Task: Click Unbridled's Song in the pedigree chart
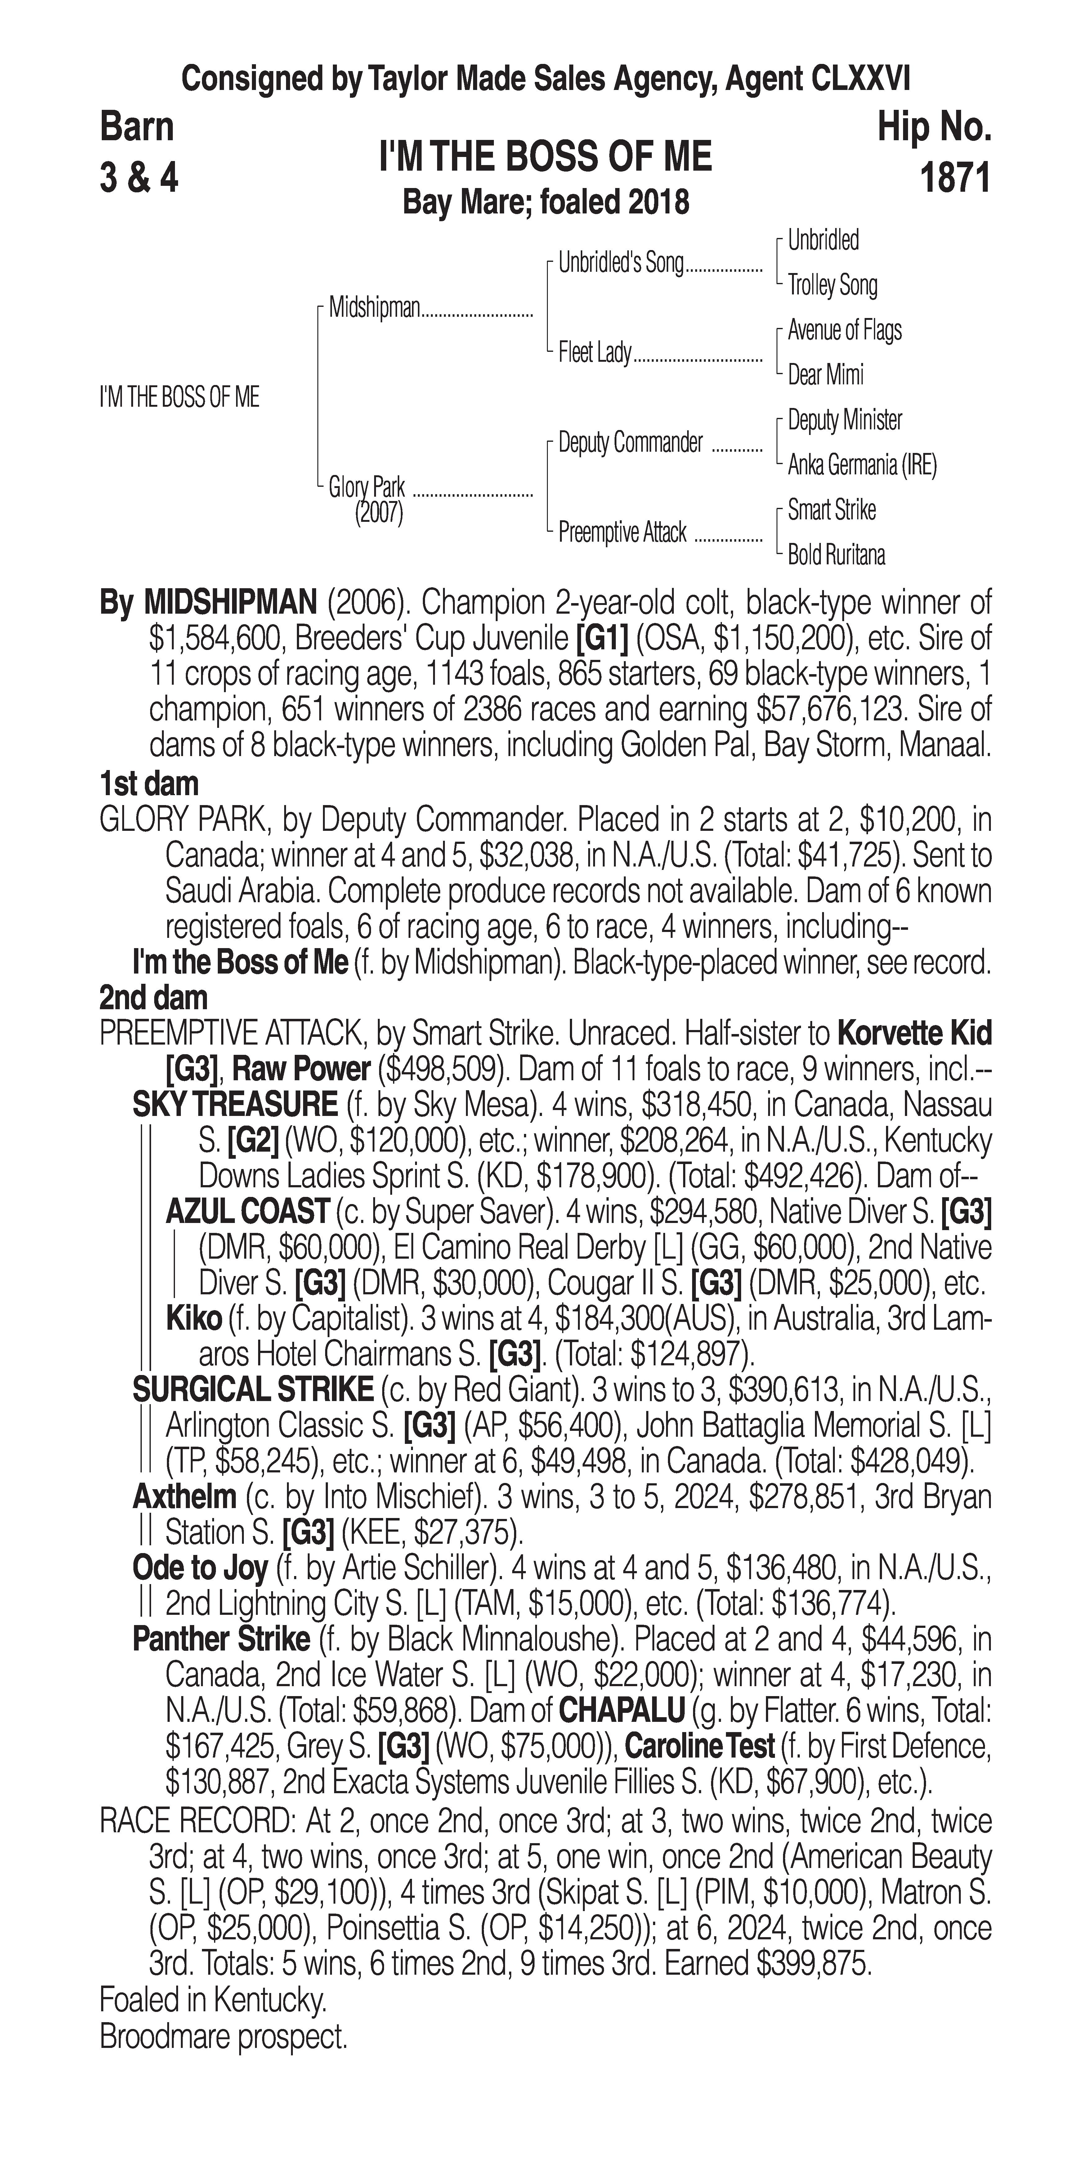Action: pos(620,263)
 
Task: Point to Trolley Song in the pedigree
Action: pos(832,285)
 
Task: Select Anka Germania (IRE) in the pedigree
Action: pos(862,465)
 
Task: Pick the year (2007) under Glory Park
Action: pos(378,513)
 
